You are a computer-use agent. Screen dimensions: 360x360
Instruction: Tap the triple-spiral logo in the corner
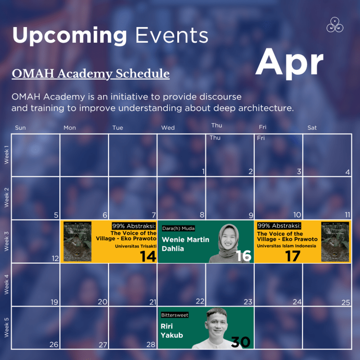click(x=335, y=25)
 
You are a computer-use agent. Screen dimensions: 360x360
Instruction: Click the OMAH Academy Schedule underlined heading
click(x=90, y=74)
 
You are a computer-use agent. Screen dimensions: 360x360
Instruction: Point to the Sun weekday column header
click(x=20, y=128)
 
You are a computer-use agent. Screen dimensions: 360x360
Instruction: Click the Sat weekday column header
click(x=312, y=128)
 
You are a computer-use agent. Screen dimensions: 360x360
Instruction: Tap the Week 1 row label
click(x=6, y=155)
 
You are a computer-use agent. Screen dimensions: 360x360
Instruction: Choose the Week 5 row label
click(x=6, y=328)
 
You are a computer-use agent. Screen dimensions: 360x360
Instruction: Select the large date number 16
click(x=243, y=256)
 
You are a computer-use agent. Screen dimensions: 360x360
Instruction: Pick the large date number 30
click(x=240, y=342)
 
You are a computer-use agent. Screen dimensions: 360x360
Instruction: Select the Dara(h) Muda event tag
click(x=179, y=228)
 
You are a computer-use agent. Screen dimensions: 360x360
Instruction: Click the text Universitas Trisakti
click(x=135, y=246)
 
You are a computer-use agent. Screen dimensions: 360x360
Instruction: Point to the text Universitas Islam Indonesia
click(x=287, y=246)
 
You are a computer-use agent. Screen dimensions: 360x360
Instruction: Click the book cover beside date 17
click(x=335, y=241)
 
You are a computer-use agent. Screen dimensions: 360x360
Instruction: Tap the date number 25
click(x=345, y=302)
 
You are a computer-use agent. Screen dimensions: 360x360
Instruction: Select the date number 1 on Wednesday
click(x=203, y=171)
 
